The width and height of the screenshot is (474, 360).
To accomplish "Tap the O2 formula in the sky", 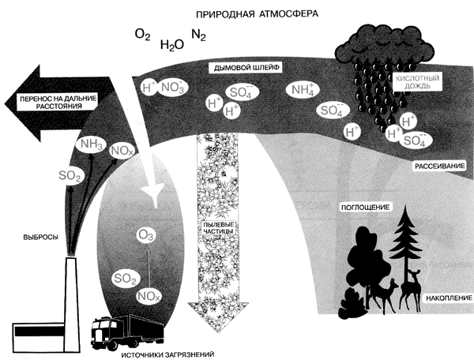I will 142,36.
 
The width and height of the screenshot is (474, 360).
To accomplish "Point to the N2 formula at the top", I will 200,36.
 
